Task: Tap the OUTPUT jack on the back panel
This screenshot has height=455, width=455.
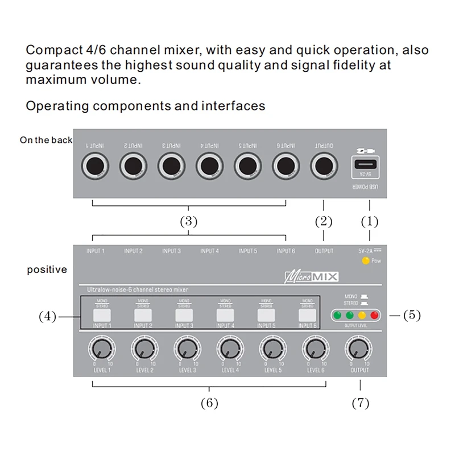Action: (x=324, y=166)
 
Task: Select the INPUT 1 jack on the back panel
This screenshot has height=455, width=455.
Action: (x=94, y=166)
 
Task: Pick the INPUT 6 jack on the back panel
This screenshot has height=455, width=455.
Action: (x=286, y=166)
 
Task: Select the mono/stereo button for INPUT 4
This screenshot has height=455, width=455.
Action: (x=225, y=315)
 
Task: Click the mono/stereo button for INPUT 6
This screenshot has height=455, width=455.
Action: (x=307, y=315)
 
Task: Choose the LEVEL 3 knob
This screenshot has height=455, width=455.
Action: (x=185, y=348)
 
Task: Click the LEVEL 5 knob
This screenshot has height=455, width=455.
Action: (x=271, y=348)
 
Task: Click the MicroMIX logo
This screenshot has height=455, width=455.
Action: (x=311, y=276)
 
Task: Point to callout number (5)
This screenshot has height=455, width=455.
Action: (x=412, y=315)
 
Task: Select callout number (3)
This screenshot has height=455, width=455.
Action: (x=188, y=222)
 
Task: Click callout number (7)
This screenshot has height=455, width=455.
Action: (x=360, y=403)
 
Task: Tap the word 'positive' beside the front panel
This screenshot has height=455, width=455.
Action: (x=47, y=270)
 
